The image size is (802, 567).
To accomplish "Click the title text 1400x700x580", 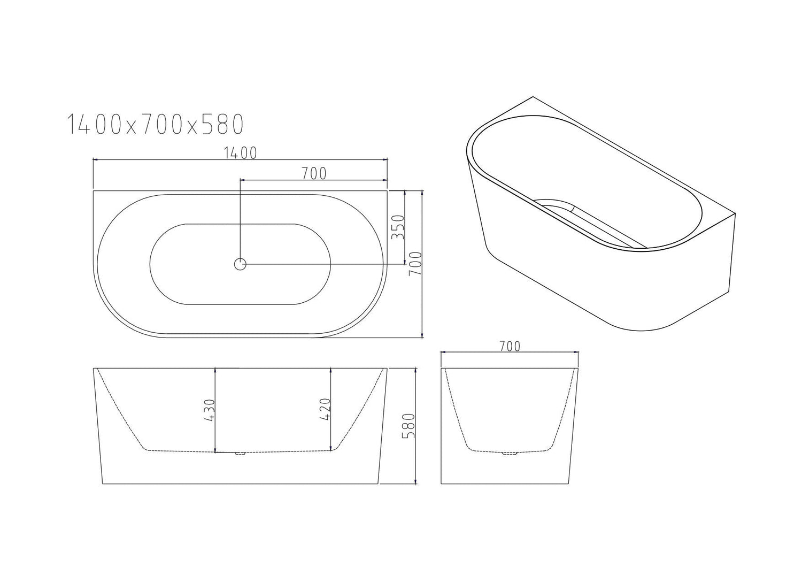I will pos(155,124).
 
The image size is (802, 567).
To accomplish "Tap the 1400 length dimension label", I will pos(240,153).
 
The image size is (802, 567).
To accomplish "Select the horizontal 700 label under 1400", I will pos(313,173).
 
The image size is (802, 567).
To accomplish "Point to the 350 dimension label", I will pos(398,227).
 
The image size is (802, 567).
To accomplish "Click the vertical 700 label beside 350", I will pos(415,264).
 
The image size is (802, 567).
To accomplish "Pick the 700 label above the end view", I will pos(509,346).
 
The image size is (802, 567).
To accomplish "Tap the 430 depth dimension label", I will pos(209,410).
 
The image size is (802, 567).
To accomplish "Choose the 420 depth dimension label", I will pos(326,410).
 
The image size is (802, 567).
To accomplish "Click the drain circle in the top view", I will pos(240,264).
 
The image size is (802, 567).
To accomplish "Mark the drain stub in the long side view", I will pos(241,454).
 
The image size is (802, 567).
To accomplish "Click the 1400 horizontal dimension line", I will pos(160,159).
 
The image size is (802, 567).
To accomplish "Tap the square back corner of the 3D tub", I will pos(735,214).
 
